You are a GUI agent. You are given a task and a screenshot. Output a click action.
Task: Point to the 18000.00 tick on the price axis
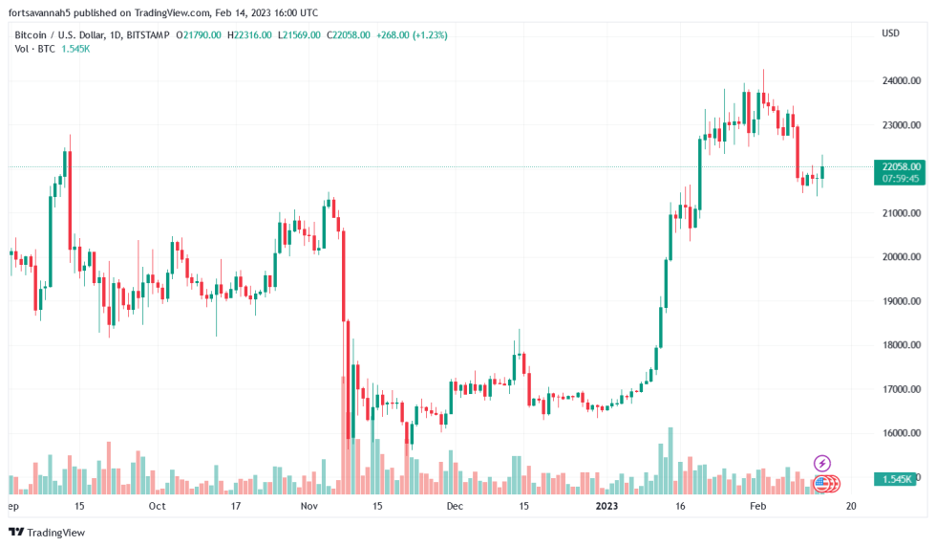click(x=901, y=345)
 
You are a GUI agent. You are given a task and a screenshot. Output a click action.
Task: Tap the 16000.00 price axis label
click(x=901, y=433)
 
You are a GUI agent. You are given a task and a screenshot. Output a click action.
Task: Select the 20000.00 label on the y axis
click(x=901, y=257)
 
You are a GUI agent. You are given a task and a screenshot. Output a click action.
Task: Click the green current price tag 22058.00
click(x=903, y=166)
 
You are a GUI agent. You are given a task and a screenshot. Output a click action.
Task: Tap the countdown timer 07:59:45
click(x=903, y=178)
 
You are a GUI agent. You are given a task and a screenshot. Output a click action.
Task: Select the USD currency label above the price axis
click(x=890, y=33)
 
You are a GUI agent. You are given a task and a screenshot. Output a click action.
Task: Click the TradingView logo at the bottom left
click(x=47, y=532)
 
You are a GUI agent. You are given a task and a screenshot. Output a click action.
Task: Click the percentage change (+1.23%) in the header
click(x=429, y=34)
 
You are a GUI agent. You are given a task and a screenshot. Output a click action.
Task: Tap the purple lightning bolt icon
click(x=821, y=464)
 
